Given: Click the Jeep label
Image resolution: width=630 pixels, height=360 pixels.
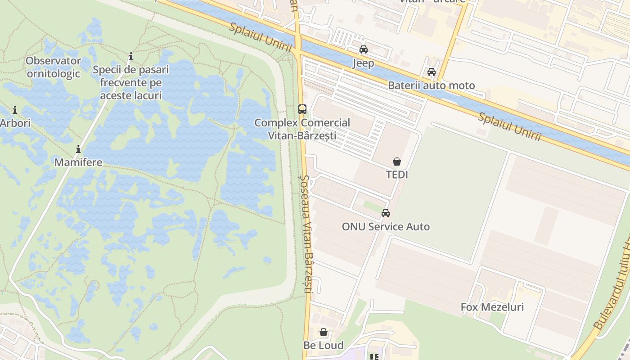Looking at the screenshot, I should [x=363, y=63].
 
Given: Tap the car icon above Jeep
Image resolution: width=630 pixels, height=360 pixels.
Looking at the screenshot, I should [x=363, y=49].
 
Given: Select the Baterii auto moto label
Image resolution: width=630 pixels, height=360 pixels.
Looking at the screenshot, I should [x=431, y=85].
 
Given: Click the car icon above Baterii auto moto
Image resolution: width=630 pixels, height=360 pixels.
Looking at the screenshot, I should [x=431, y=72].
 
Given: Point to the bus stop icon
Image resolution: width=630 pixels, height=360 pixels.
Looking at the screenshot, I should [x=302, y=109].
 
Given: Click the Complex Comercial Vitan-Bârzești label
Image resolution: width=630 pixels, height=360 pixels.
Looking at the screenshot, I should [x=302, y=129].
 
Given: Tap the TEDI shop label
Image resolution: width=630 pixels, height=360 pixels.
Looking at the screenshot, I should [x=397, y=175].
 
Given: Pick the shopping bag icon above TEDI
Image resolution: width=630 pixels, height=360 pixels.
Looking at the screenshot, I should [x=397, y=161].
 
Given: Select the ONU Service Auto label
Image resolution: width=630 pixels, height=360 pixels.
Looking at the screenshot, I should [x=386, y=227].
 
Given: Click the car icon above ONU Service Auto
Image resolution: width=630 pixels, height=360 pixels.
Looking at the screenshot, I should [x=386, y=213].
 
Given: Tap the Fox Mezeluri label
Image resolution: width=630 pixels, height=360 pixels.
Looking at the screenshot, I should [x=492, y=307].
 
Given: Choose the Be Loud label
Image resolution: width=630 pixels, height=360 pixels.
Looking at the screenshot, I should [x=324, y=346].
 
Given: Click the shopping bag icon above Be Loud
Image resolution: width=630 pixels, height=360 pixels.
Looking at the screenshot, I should [x=324, y=333].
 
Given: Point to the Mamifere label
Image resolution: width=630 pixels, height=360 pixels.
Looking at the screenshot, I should [x=78, y=162].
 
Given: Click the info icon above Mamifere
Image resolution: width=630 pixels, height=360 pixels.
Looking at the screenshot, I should [x=78, y=149].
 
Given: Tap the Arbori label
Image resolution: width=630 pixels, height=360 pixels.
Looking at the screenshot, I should [x=15, y=123].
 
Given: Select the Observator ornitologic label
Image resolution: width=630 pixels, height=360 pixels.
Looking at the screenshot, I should [x=53, y=67].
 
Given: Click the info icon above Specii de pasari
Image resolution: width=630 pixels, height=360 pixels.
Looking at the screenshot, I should [x=131, y=56].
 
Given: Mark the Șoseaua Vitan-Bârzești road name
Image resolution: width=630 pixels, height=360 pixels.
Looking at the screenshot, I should [x=306, y=234].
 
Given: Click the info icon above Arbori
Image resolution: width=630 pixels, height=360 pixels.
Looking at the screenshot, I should [x=15, y=110].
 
